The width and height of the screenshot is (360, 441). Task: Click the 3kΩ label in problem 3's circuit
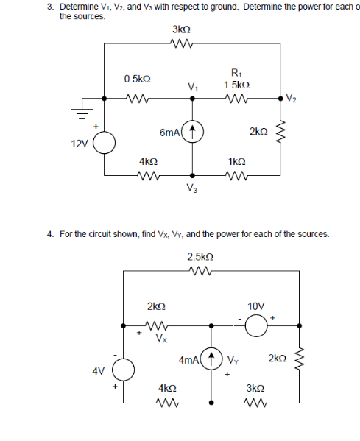tap(181, 30)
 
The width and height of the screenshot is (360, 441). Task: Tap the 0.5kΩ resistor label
tap(138, 78)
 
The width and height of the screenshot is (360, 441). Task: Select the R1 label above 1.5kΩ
tap(235, 72)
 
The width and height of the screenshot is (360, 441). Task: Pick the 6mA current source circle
tap(192, 133)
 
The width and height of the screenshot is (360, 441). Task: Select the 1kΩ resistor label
tap(237, 160)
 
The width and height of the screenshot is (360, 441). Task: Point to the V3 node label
tap(192, 188)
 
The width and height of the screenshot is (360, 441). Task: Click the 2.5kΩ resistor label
tap(200, 256)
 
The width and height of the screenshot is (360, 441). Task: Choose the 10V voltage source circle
tap(255, 324)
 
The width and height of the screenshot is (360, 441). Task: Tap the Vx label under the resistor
tap(160, 339)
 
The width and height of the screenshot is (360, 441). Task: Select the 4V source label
tap(96, 371)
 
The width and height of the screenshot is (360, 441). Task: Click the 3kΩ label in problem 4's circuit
tap(255, 387)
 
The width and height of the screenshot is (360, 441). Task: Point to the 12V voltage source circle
tap(104, 142)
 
